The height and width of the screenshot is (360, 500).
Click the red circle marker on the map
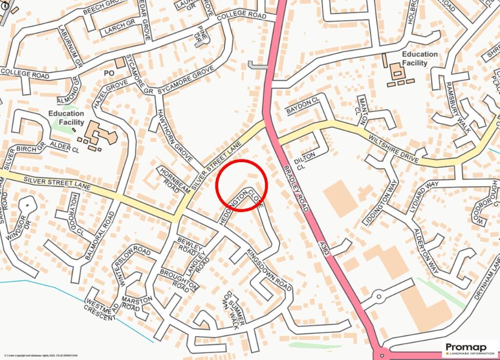[x=242, y=186]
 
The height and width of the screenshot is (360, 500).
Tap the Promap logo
[x=470, y=349]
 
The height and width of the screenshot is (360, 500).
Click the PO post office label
[x=109, y=73]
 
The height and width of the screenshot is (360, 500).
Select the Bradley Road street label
[x=295, y=189]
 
